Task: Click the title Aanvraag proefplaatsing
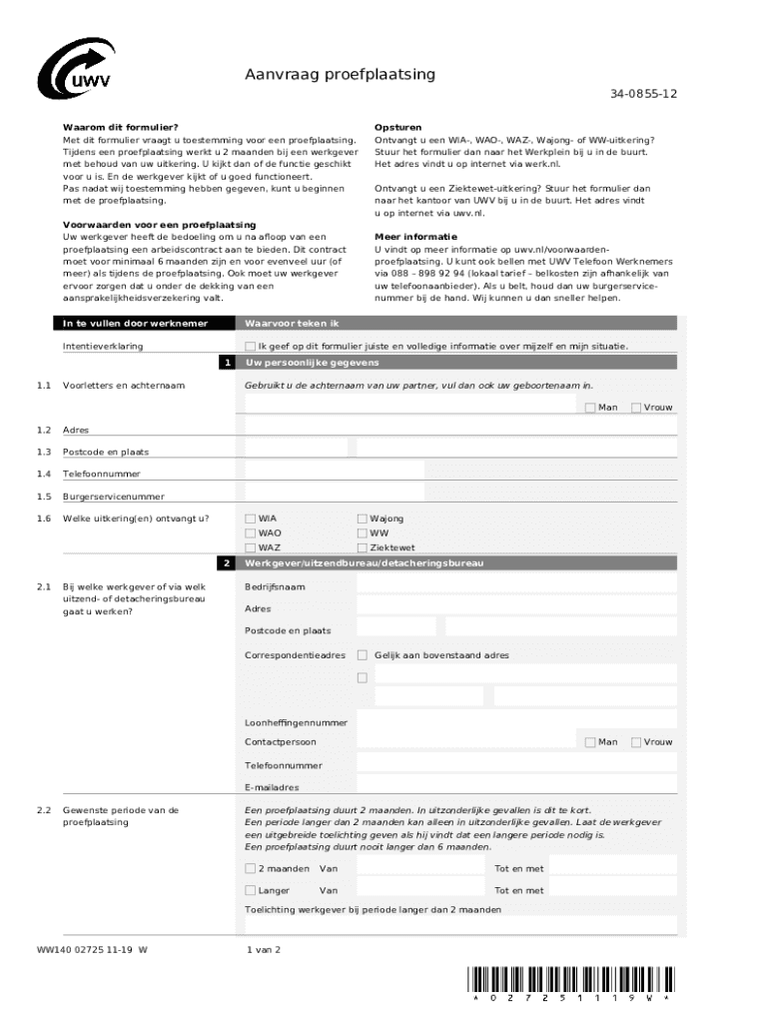click(340, 75)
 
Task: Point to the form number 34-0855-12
click(644, 94)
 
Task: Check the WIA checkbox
click(251, 518)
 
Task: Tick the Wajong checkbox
click(363, 518)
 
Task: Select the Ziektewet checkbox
click(363, 547)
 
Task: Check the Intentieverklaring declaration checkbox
click(251, 347)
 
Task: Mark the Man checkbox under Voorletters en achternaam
click(590, 408)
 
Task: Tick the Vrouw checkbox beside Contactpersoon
click(635, 742)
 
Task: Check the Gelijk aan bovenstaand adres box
click(363, 655)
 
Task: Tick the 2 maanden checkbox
click(251, 869)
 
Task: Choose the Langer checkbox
click(251, 890)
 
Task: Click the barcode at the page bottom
click(570, 978)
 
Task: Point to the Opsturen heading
click(397, 128)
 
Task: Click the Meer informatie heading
click(408, 237)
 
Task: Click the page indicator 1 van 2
click(264, 949)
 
